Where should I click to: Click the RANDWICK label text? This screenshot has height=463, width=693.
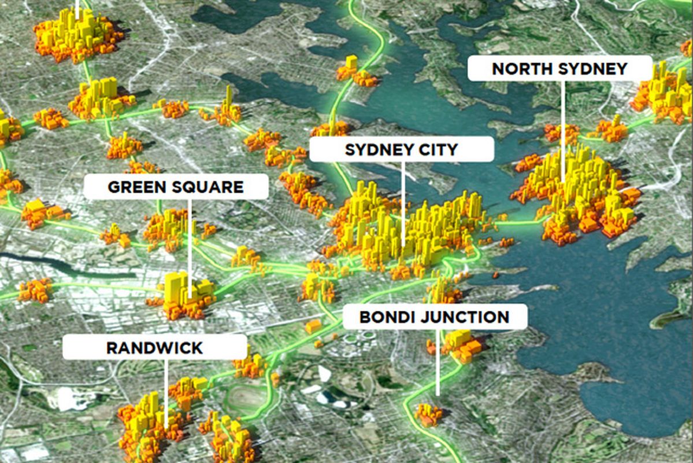click(154, 348)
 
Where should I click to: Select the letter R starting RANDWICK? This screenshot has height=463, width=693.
click(110, 348)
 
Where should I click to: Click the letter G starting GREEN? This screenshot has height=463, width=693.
click(113, 188)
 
